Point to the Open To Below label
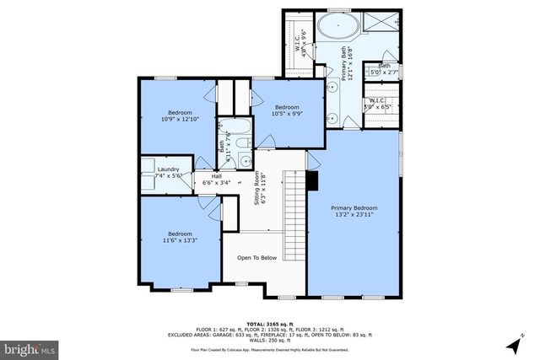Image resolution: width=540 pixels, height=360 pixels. (x=256, y=258)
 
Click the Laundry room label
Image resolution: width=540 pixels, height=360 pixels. (x=169, y=173)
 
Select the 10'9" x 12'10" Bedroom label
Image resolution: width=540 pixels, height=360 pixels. (x=180, y=116)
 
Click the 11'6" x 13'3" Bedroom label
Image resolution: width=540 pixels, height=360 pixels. (x=179, y=237)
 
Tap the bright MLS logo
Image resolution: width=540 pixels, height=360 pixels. (x=30, y=347)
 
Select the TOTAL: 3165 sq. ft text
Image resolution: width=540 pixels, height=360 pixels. (x=269, y=323)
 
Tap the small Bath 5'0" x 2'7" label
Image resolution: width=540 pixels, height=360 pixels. (x=384, y=70)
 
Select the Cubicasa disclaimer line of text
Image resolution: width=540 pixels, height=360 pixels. (x=269, y=347)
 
